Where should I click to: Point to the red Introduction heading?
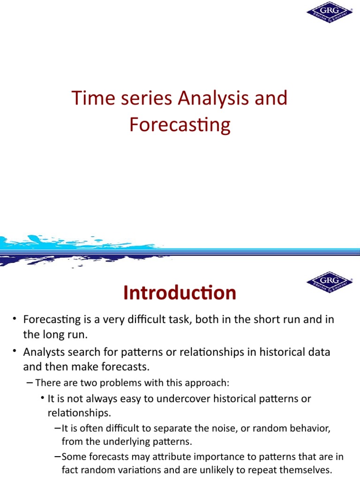click(180, 293)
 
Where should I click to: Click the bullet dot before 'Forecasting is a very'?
click(15, 319)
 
